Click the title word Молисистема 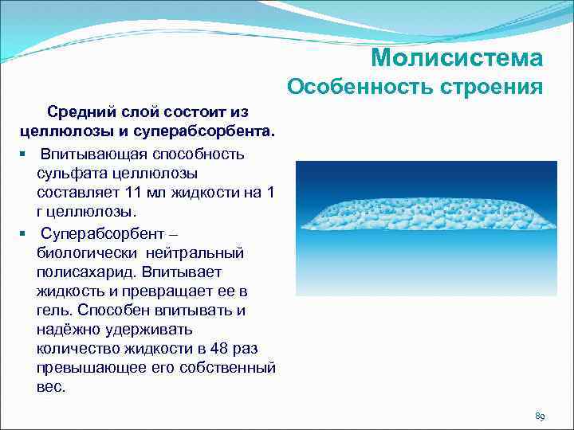pyautogui.click(x=457, y=58)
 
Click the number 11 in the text pyautogui.click(x=134, y=193)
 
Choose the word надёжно pyautogui.click(x=69, y=329)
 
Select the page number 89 pyautogui.click(x=540, y=416)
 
